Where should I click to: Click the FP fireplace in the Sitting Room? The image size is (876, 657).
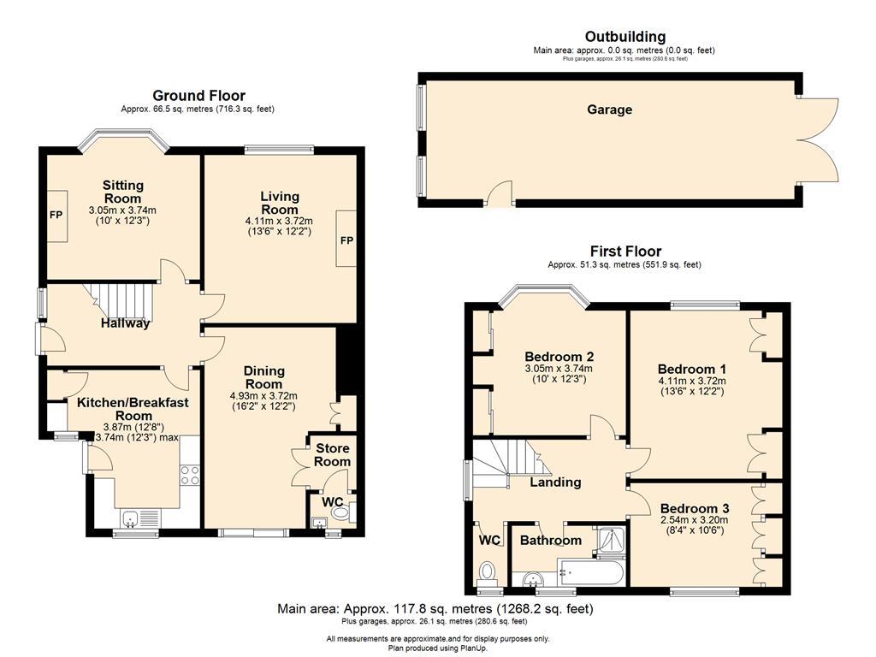56,216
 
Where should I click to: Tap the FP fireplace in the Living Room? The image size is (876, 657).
346,239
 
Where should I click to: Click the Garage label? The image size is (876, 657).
609,109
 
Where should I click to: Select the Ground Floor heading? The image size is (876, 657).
198,96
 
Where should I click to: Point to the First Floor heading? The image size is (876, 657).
625,252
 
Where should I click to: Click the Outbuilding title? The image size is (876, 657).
625,37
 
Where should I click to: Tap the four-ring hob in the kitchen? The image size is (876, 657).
189,475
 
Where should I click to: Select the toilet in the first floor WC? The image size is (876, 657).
488,572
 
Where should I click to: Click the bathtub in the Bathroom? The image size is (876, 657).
590,572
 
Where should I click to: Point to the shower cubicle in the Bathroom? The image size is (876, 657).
610,542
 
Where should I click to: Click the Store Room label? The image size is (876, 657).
333,455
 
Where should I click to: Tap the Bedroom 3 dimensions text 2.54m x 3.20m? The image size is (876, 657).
695,519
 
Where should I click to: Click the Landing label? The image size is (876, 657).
555,482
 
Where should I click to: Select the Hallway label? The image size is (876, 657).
125,323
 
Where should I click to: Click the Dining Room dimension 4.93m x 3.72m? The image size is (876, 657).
263,395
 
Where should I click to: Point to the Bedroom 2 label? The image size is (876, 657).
559,357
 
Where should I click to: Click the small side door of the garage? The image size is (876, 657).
500,193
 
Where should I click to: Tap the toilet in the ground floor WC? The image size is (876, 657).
339,512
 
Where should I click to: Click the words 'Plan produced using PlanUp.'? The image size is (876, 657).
438,648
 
